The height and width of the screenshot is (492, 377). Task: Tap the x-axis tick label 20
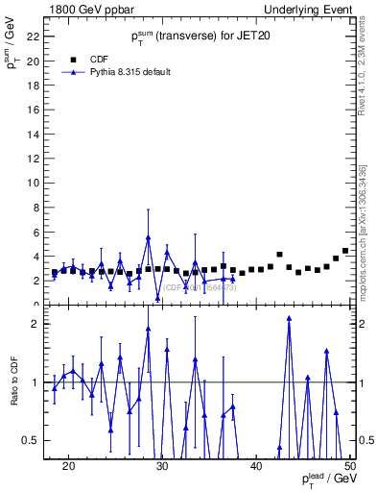pos(68,466)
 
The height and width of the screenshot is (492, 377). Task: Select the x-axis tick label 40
pos(256,466)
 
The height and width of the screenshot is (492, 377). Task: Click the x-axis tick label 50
pos(350,466)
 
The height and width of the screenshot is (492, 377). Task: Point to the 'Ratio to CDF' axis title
pos(14,382)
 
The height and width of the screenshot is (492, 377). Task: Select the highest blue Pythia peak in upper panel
pos(149,237)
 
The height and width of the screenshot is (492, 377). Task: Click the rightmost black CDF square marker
pos(345,251)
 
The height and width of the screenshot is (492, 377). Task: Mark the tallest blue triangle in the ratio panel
pos(289,319)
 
